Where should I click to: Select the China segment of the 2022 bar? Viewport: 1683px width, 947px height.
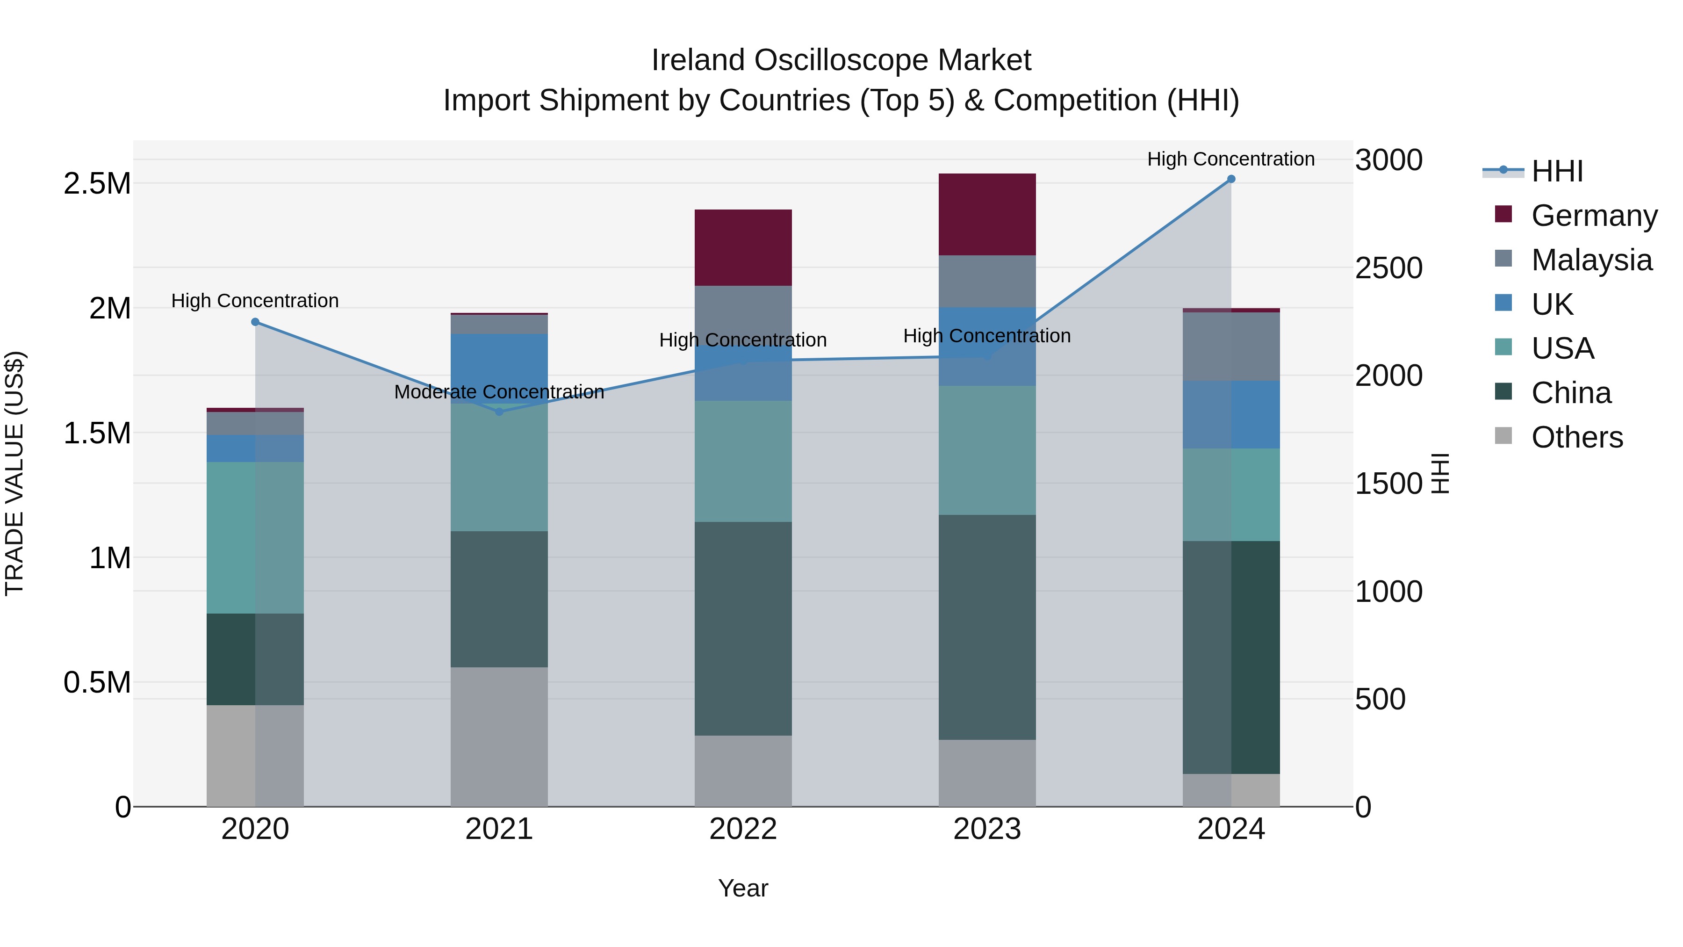pyautogui.click(x=743, y=628)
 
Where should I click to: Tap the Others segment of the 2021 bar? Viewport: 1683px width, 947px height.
pyautogui.click(x=499, y=737)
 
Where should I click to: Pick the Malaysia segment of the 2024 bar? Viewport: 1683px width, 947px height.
pyautogui.click(x=1231, y=347)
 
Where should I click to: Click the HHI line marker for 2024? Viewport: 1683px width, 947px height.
pyautogui.click(x=1231, y=179)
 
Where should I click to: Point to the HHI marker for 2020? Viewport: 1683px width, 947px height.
pyautogui.click(x=255, y=322)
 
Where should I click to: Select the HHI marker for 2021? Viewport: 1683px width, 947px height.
pyautogui.click(x=499, y=412)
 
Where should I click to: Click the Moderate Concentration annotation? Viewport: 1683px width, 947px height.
pyautogui.click(x=499, y=392)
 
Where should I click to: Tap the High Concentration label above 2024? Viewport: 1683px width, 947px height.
pyautogui.click(x=1231, y=159)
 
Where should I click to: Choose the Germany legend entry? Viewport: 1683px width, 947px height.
pyautogui.click(x=1594, y=216)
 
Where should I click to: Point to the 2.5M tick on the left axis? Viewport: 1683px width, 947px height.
pyautogui.click(x=97, y=184)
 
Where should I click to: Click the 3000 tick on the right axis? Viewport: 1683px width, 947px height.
pyautogui.click(x=1388, y=160)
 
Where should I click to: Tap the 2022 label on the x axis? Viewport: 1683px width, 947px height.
pyautogui.click(x=743, y=829)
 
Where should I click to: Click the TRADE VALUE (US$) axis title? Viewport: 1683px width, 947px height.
pyautogui.click(x=14, y=473)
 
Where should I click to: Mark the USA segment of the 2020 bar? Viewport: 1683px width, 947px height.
pyautogui.click(x=255, y=537)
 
